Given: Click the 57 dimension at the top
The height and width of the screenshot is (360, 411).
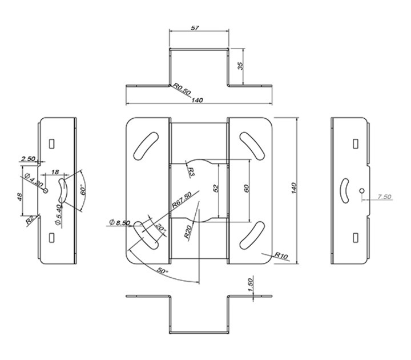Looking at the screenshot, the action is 195,28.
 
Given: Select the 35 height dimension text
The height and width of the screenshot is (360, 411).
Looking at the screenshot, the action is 240,66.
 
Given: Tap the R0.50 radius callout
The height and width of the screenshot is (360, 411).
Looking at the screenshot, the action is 183,89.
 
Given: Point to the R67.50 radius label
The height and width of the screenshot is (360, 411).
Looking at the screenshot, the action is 182,199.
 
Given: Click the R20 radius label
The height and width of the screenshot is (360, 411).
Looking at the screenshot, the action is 188,231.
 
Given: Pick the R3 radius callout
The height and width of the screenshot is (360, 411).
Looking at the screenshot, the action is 191,171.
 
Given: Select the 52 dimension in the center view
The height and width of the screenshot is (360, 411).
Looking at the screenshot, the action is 216,188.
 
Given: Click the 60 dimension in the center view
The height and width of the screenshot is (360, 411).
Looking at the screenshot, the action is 247,188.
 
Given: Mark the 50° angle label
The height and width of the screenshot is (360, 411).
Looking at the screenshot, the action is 162,270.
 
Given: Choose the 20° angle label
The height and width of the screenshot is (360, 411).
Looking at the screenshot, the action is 160,227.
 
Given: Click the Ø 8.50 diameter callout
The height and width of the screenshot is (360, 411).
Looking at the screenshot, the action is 119,222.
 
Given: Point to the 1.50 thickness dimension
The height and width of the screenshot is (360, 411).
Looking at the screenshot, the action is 250,285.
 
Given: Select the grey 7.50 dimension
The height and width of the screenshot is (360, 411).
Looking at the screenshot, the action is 384,197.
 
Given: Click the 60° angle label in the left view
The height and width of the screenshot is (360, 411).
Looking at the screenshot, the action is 83,190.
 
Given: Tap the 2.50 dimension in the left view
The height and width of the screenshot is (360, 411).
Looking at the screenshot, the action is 28,159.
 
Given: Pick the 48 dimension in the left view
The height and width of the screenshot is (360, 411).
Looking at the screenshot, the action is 20,197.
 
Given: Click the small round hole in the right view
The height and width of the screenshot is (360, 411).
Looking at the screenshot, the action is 362,191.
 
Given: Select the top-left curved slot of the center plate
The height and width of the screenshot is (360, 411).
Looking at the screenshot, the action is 146,146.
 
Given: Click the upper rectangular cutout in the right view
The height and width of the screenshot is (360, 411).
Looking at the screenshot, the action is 356,144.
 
